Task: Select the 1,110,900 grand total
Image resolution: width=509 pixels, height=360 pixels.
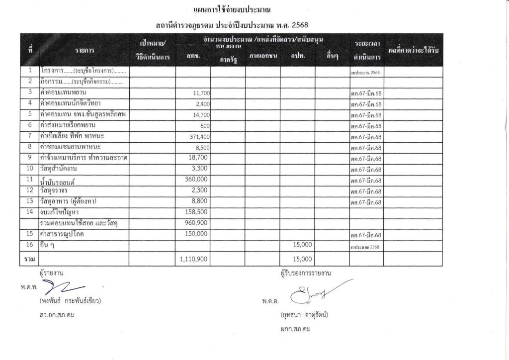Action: coord(191,259)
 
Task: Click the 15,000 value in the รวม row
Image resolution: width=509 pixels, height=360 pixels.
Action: coord(302,259)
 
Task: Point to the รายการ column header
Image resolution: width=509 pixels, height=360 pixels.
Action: coord(85,50)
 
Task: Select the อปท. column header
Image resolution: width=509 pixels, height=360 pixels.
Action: coord(297,56)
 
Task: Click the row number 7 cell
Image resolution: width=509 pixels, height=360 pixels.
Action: coord(30,136)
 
